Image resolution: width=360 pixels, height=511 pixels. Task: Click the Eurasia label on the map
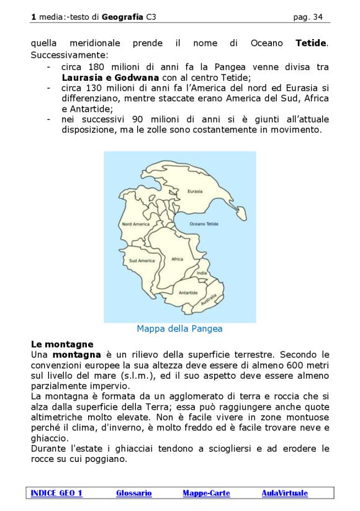195,192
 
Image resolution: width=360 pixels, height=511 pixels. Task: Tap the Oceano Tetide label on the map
204,224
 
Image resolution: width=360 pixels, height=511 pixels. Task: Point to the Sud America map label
142,261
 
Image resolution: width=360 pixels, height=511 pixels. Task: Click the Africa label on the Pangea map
178,259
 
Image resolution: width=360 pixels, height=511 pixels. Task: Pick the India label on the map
202,273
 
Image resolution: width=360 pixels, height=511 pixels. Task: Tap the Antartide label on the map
188,292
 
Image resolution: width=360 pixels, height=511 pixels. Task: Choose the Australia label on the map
209,301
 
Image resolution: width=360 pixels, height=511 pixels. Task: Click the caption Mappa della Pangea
179,328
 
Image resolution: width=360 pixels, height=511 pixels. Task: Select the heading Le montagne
62,343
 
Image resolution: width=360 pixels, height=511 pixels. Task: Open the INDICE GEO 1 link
56,493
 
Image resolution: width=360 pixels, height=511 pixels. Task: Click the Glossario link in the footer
133,493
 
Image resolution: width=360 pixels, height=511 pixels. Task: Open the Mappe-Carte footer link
206,493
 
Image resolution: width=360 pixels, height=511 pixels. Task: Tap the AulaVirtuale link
284,493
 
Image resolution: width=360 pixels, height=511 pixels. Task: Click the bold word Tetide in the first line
312,43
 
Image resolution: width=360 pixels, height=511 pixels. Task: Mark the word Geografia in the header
123,17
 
